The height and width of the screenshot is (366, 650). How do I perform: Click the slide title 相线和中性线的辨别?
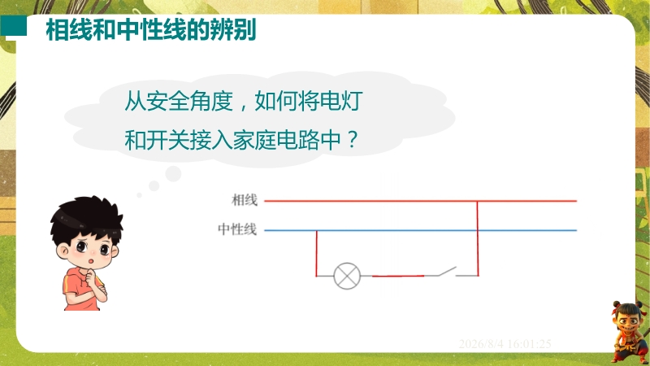click(151, 29)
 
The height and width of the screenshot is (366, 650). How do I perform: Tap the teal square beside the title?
click(13, 26)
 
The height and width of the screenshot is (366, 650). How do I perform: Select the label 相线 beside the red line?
click(245, 200)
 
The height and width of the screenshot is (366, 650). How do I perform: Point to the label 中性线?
click(237, 229)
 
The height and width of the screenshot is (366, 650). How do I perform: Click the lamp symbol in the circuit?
click(347, 276)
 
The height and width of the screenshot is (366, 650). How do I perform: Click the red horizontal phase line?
click(420, 201)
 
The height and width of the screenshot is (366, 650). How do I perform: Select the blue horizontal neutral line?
click(420, 230)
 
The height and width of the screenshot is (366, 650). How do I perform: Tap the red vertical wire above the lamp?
click(317, 253)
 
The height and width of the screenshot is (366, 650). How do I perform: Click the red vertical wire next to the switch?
click(478, 238)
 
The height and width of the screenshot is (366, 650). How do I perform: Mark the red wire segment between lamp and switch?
click(398, 276)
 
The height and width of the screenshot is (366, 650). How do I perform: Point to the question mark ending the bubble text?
click(352, 140)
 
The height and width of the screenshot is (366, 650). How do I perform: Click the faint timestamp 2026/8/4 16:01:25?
click(505, 344)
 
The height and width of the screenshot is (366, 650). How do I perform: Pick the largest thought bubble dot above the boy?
click(173, 174)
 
